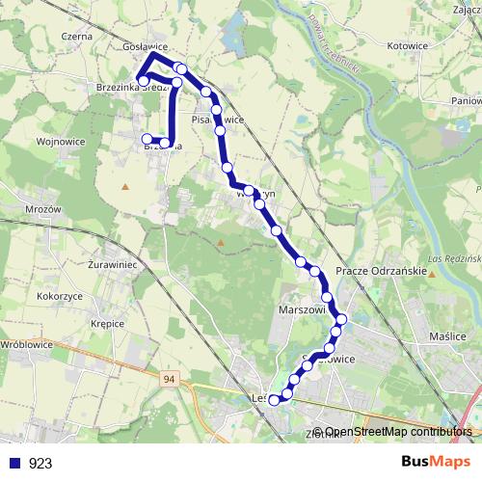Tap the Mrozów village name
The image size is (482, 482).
42,209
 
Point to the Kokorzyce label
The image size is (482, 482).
59,296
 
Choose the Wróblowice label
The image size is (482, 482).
27,343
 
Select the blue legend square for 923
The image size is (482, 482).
13,463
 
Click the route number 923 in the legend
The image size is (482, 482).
40,463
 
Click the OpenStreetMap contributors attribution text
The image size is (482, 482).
398,432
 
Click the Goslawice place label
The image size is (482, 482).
146,46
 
